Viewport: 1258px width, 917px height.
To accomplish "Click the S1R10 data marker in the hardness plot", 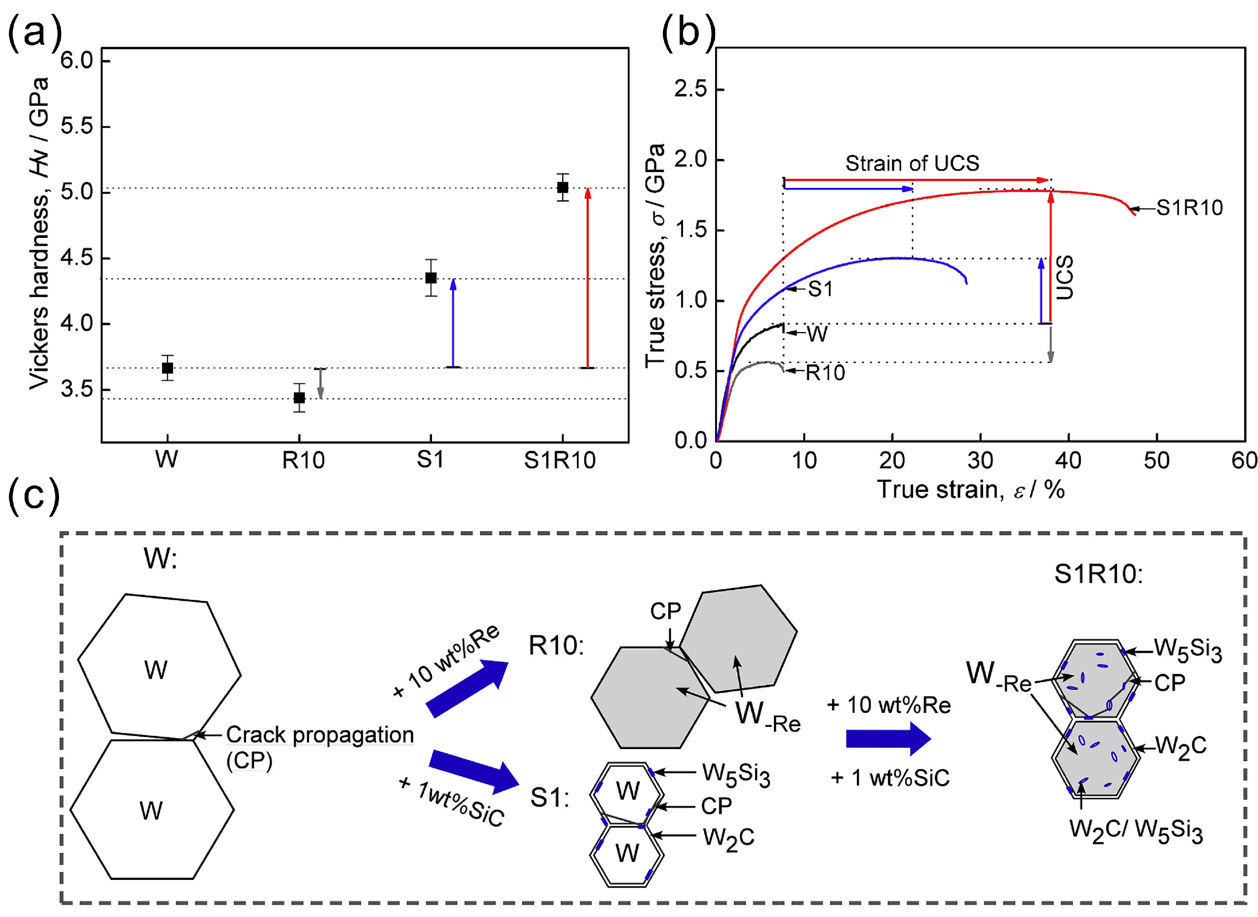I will [562, 187].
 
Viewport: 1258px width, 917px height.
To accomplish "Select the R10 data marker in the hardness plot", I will [299, 397].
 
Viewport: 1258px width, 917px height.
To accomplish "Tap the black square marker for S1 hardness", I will [430, 277].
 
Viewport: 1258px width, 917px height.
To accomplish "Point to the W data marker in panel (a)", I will [167, 367].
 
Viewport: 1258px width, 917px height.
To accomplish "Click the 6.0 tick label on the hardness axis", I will [77, 60].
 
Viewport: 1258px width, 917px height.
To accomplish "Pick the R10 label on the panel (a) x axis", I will [303, 460].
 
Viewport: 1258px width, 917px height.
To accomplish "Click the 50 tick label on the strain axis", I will [1156, 460].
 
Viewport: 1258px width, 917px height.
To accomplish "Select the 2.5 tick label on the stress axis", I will [691, 89].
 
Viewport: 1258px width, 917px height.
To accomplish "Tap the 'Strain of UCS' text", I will [912, 163].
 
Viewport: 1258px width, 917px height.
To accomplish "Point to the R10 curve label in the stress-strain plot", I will [825, 372].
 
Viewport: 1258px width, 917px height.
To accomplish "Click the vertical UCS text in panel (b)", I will [1064, 277].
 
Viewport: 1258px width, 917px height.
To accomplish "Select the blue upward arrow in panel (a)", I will [453, 322].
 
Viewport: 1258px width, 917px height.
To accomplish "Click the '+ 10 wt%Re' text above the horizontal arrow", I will [889, 705].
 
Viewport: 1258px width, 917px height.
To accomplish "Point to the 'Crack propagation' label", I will [320, 735].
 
